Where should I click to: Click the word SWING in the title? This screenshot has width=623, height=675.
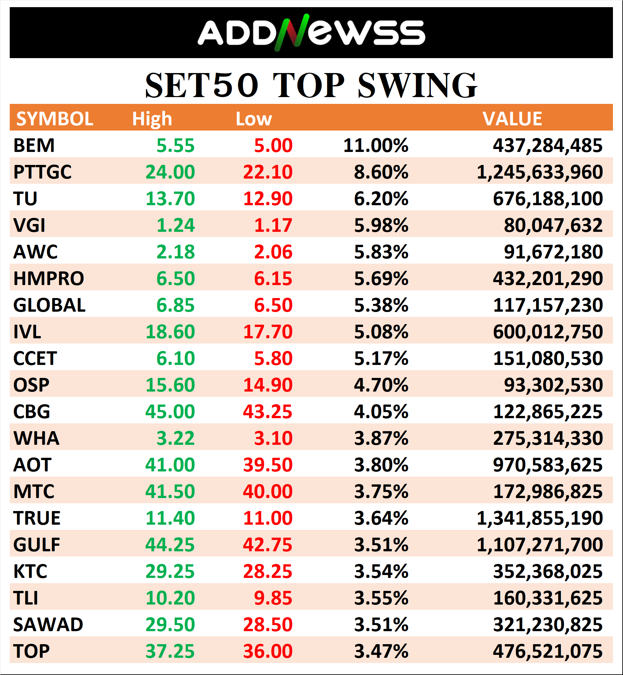417,86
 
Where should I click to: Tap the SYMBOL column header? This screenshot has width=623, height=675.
55,119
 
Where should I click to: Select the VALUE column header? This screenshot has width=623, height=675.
512,119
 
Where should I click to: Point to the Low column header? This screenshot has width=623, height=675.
254,119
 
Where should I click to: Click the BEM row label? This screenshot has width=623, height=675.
34,146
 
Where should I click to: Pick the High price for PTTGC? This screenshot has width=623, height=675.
170,172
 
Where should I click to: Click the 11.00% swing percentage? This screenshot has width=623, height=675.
376,146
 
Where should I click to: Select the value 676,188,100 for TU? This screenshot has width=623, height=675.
547,199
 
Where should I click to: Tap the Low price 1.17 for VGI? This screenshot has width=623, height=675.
273,225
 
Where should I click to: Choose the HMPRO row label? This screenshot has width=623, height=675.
49,279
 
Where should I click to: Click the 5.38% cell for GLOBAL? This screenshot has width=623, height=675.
381,305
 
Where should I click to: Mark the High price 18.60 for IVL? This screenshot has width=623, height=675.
170,332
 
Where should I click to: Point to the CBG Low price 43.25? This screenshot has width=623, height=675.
268,412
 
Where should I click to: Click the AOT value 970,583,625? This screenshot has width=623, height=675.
547,465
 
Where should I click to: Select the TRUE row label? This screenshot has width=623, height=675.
37,518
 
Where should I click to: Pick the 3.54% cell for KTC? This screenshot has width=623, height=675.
381,571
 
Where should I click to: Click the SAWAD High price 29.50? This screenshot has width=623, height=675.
170,625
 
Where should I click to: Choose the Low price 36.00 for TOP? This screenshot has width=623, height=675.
268,651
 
